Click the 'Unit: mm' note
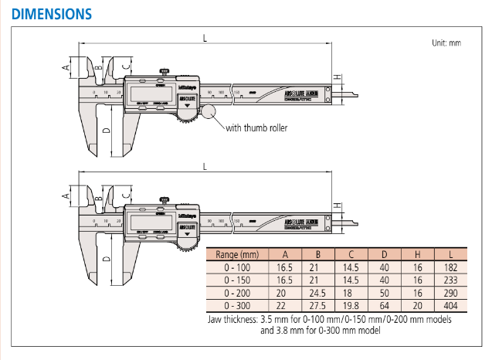tap(446, 43)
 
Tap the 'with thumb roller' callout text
tap(256, 127)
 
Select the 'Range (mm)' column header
tap(238, 254)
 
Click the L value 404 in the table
tap(451, 307)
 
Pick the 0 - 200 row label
tap(238, 294)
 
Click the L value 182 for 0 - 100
tap(451, 267)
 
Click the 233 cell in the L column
tap(451, 280)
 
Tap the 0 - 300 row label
tap(238, 307)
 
